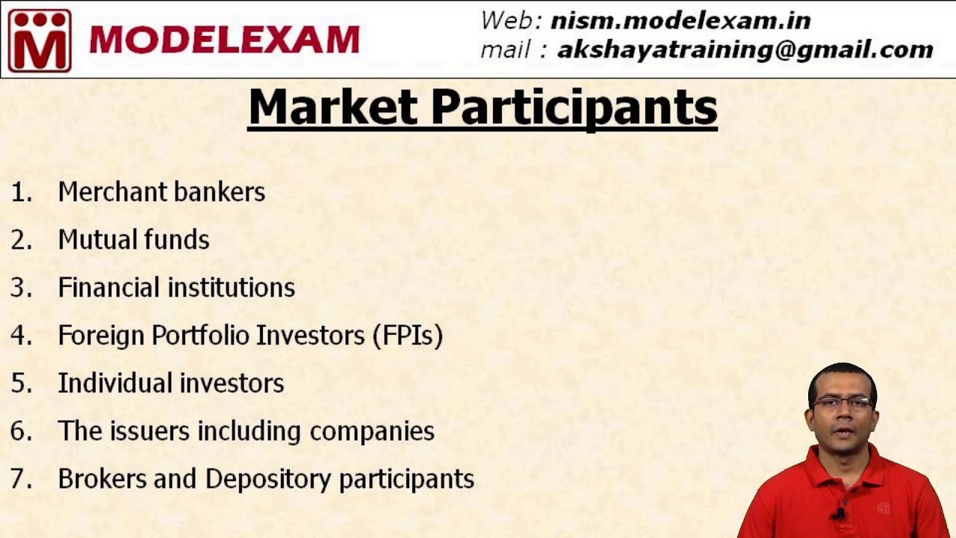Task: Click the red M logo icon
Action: (40, 40)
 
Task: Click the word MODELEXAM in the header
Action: (224, 40)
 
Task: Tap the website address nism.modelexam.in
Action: (680, 20)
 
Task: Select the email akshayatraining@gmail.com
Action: (745, 49)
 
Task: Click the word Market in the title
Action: (332, 108)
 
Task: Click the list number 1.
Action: (21, 192)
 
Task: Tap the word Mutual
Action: (89, 240)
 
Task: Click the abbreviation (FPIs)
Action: (407, 336)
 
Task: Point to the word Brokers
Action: (102, 479)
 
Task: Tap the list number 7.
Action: (21, 479)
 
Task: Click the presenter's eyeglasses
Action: (842, 403)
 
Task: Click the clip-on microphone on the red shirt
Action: (841, 513)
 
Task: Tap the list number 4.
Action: (21, 336)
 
